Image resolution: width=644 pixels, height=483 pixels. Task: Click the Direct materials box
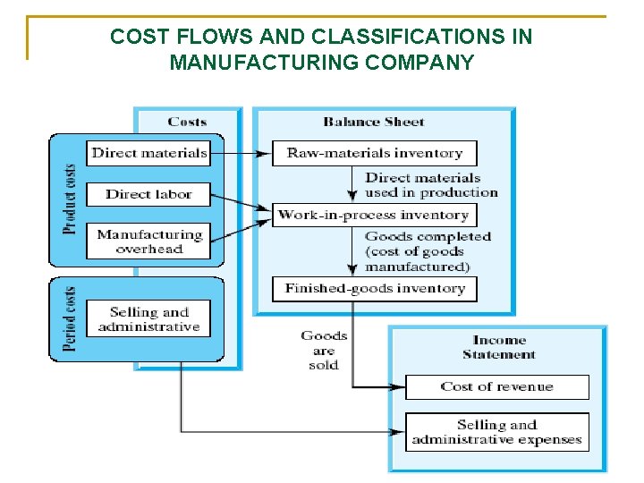[148, 153]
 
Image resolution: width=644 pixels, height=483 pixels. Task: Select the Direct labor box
[148, 194]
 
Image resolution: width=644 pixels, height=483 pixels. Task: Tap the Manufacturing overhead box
[148, 241]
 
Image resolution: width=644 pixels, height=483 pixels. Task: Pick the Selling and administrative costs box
[148, 318]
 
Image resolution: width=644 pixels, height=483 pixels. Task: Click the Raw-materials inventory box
[374, 153]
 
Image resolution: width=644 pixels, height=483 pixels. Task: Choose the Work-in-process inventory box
[374, 215]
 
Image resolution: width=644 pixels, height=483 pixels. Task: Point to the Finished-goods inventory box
[374, 288]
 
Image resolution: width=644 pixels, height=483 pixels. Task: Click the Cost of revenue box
[496, 386]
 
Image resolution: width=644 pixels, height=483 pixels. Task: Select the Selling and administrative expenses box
[496, 432]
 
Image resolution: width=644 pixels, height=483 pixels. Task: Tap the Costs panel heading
[187, 122]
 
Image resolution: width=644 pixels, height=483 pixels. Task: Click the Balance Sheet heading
[374, 122]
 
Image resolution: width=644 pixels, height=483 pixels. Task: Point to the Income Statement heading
[498, 347]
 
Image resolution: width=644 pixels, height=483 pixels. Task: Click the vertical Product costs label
[69, 199]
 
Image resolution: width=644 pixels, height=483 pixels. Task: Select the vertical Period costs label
[69, 318]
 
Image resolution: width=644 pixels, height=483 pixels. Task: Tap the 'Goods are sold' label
[324, 350]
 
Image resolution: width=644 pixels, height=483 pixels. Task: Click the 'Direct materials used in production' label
[431, 185]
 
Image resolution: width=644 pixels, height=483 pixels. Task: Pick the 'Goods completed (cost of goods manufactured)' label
[428, 251]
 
